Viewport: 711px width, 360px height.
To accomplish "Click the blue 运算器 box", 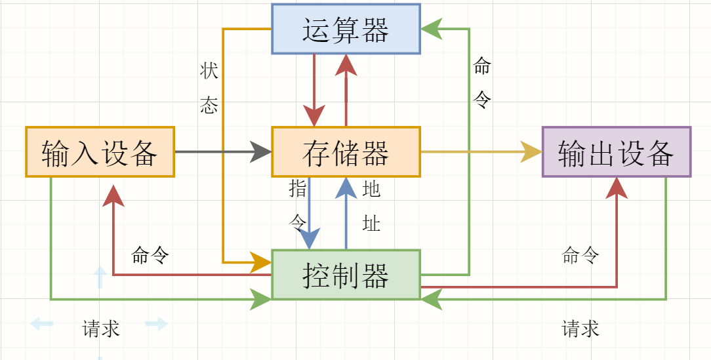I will click(x=346, y=29).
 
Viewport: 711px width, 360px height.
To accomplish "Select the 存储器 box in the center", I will click(x=346, y=152).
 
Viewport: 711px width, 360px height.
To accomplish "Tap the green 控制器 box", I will click(x=346, y=275).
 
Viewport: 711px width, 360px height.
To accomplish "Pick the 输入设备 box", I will click(x=100, y=152).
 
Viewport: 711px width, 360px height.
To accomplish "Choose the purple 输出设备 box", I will click(x=617, y=152).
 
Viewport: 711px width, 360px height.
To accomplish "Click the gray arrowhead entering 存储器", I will click(x=261, y=152).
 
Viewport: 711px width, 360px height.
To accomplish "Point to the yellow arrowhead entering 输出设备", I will click(x=531, y=152).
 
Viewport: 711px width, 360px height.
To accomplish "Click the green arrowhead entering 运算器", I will click(x=430, y=29).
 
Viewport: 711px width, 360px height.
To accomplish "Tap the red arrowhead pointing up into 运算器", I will click(x=346, y=64).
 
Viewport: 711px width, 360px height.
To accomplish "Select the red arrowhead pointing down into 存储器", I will click(x=314, y=116).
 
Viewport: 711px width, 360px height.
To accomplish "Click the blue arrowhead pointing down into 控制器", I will click(x=309, y=239).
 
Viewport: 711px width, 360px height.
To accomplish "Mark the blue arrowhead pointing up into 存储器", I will click(x=346, y=188).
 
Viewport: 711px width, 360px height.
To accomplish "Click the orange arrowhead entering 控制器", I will click(x=262, y=263).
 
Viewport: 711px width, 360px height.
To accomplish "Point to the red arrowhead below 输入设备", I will click(x=113, y=195).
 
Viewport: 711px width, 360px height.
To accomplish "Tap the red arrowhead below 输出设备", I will click(x=617, y=188).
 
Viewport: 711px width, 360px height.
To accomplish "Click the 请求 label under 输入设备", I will click(x=101, y=329).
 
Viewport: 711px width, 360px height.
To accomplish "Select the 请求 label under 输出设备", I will click(x=580, y=329).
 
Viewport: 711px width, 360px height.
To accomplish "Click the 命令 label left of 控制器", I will click(x=150, y=255).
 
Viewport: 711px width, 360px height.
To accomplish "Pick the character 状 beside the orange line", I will click(x=209, y=71).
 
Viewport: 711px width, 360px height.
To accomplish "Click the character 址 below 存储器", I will click(x=371, y=224).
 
